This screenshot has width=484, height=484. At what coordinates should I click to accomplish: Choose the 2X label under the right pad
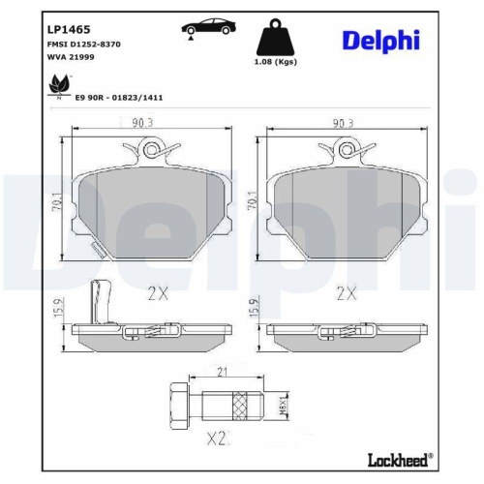coord(346,292)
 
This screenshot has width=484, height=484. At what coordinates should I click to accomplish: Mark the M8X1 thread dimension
coord(284,402)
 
